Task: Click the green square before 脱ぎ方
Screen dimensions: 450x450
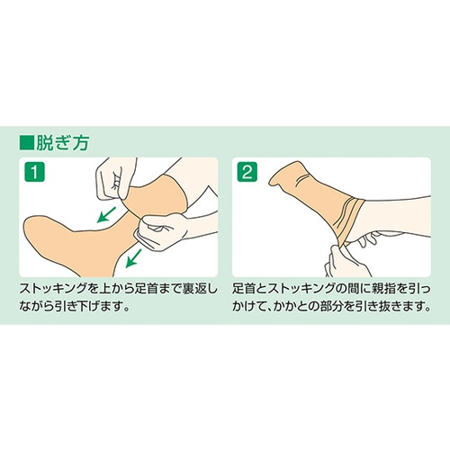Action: tap(26, 142)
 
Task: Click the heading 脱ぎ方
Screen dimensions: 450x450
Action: tap(62, 142)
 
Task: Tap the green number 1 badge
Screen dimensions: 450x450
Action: tap(35, 172)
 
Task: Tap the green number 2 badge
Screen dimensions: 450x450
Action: tap(247, 172)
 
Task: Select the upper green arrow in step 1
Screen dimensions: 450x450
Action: tap(106, 214)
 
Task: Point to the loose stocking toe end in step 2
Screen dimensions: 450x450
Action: tap(272, 181)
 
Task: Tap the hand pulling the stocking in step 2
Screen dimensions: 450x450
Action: tap(346, 260)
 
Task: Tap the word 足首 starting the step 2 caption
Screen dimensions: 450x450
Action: tap(244, 289)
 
